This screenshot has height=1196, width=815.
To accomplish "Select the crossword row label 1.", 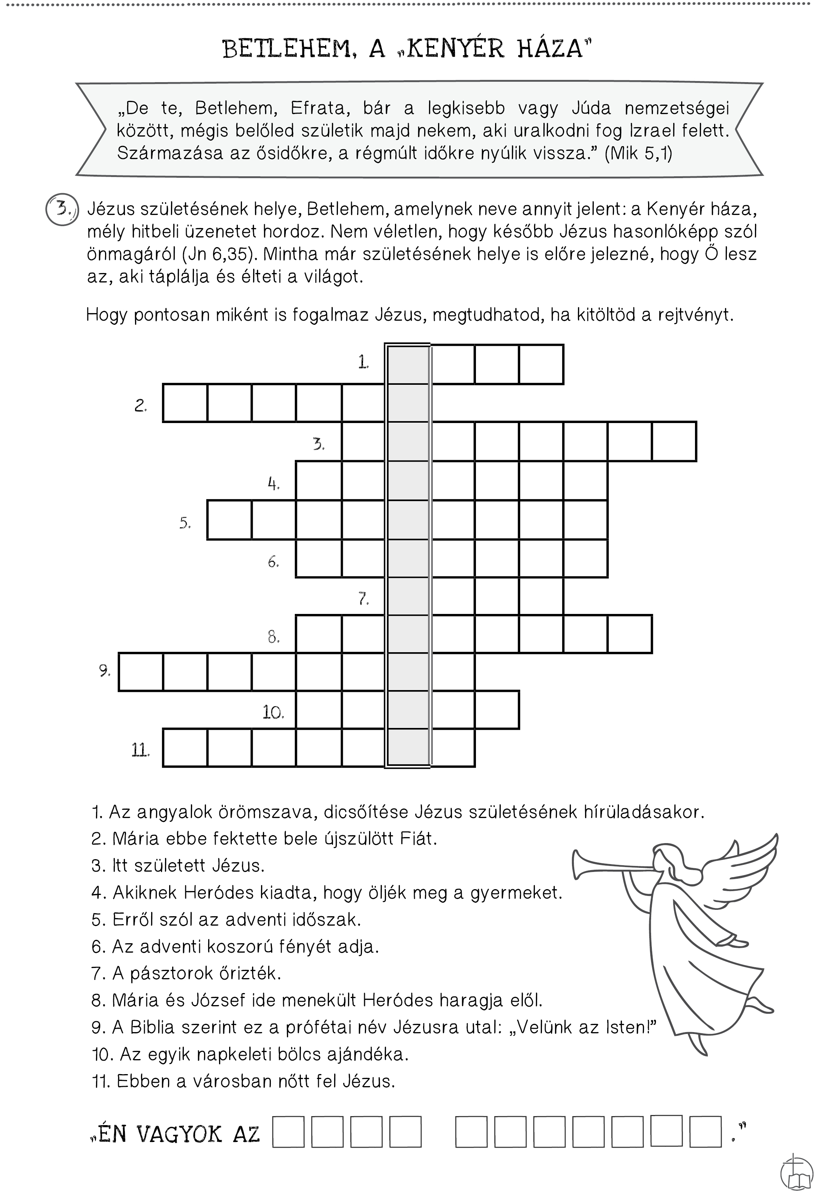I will (363, 362).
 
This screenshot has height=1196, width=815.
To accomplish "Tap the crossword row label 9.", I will (104, 671).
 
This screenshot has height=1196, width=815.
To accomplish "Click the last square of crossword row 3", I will (674, 441).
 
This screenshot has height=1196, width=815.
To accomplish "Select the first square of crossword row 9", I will (141, 672).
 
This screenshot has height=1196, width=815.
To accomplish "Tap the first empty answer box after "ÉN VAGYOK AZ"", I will (288, 1131).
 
